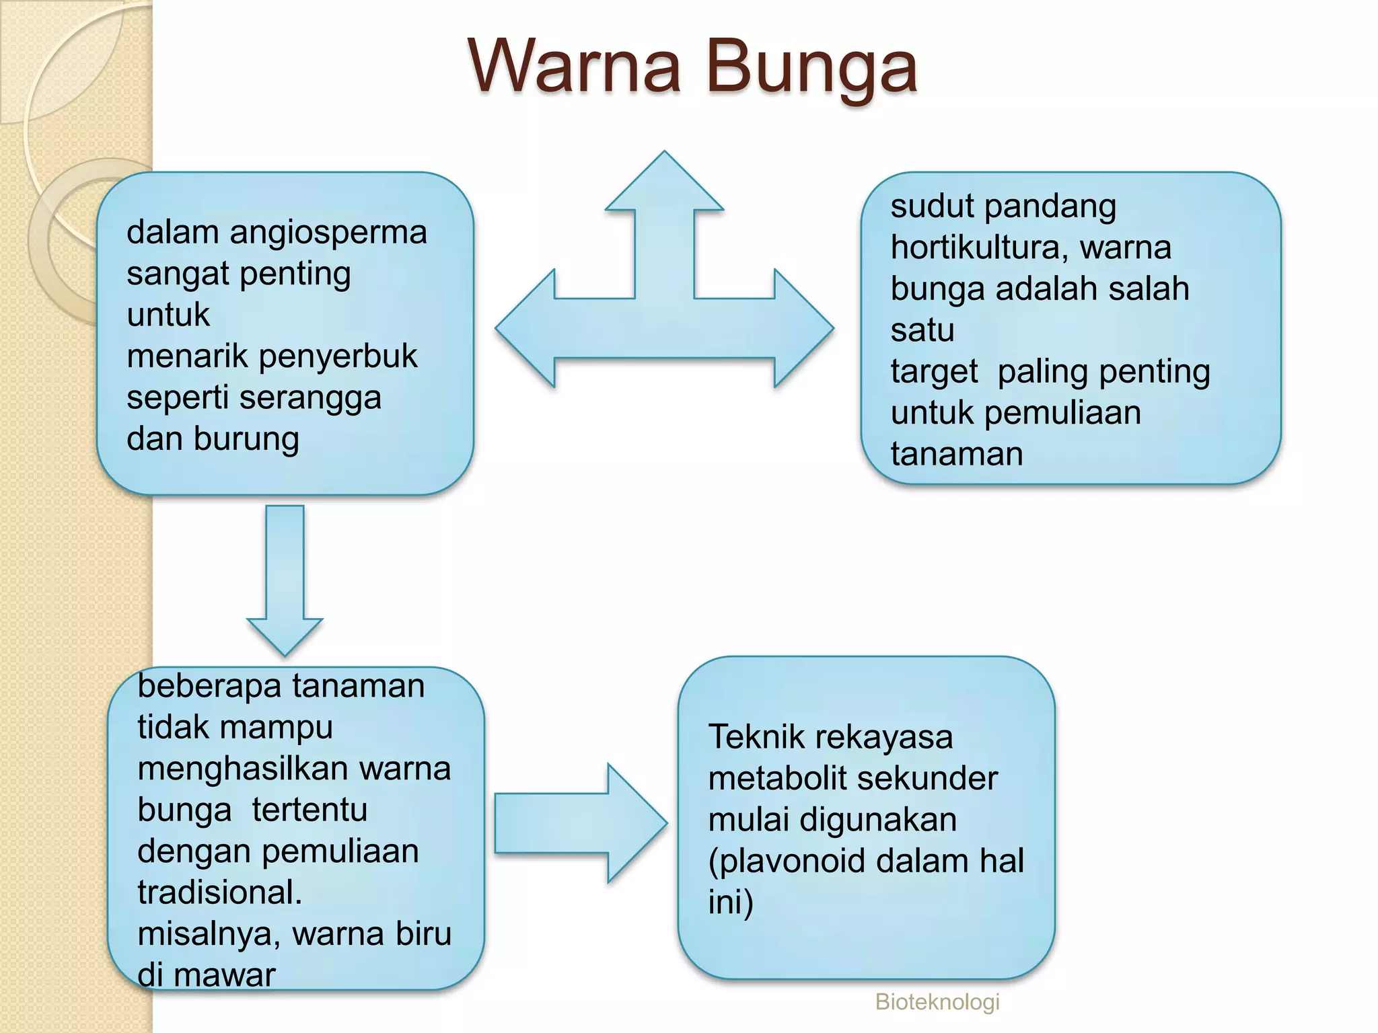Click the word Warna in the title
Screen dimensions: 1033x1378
(575, 66)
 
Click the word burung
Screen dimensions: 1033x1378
(246, 439)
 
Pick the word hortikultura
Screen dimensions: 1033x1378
(978, 247)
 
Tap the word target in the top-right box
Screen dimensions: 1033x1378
(934, 372)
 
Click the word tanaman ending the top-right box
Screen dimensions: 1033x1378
(957, 454)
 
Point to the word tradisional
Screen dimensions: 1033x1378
(219, 892)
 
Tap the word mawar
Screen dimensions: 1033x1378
(225, 975)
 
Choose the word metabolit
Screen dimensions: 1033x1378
(771, 779)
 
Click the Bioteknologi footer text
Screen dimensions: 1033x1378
(937, 1001)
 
